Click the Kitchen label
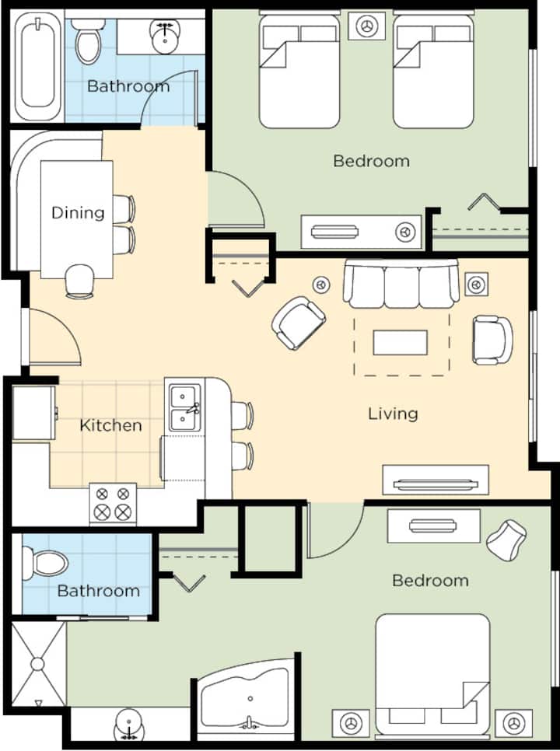coord(110,425)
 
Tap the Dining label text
coord(78,213)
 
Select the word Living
coord(393,414)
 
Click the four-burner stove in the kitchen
coord(113,503)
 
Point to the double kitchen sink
coord(185,407)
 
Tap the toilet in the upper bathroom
coord(89,42)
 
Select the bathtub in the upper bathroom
coord(38,66)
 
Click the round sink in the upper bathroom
coord(166,37)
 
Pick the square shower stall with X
coord(38,664)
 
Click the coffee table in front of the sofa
coord(400,342)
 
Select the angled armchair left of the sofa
coord(299,323)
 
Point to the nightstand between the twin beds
coord(367,26)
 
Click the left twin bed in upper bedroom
coord(299,71)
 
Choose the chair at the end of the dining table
coord(79,281)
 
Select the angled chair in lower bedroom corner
coord(506,540)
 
